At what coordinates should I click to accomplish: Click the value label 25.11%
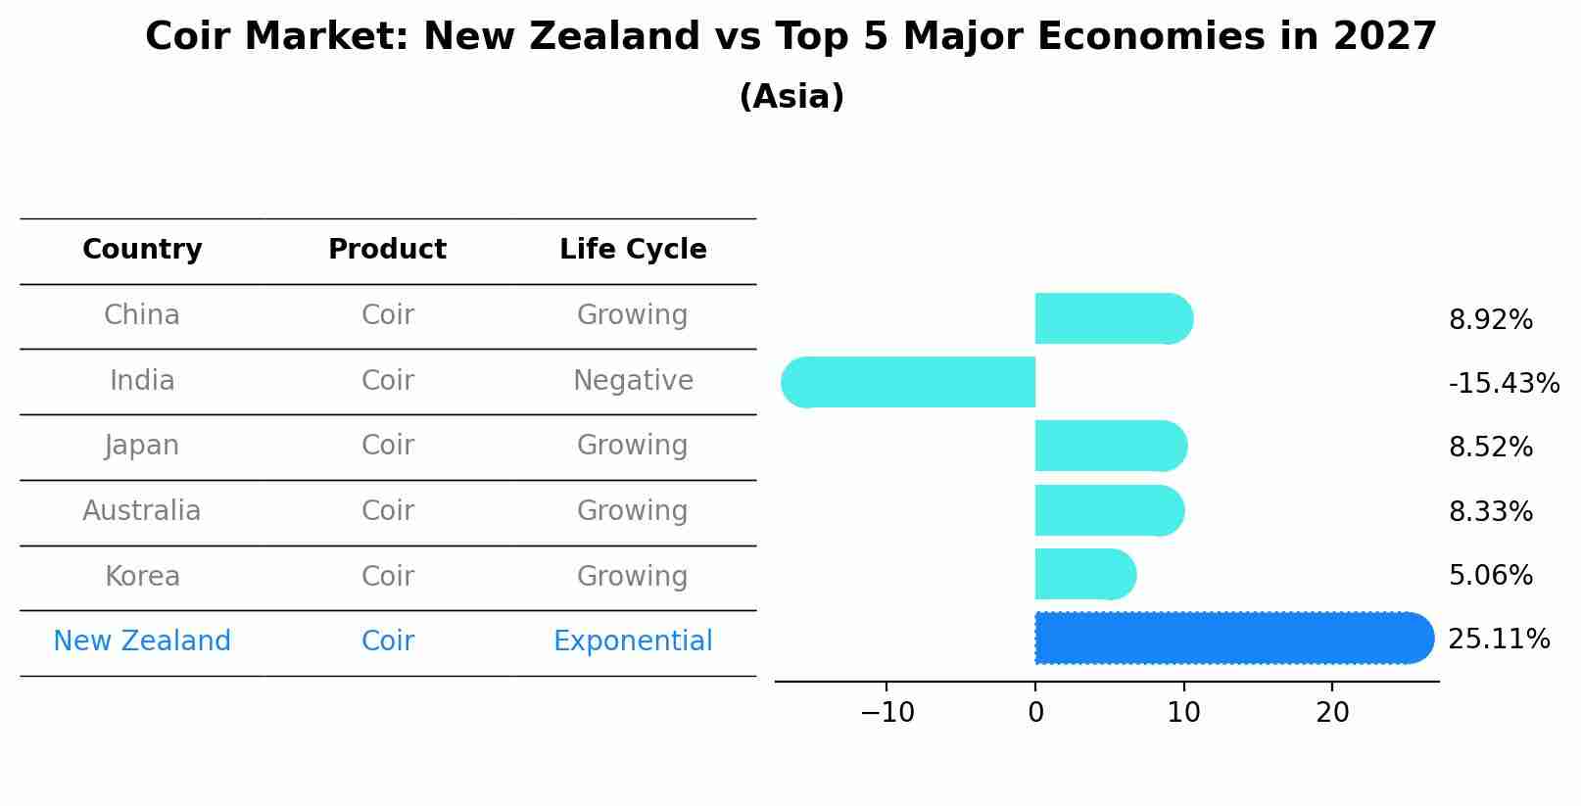pos(1499,640)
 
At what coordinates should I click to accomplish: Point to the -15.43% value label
pos(1504,383)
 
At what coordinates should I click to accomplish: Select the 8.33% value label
pos(1490,511)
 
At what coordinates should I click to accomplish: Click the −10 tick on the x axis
pos(886,713)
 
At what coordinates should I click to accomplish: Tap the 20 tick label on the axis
pos(1332,713)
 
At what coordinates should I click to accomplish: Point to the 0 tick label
pos(1035,713)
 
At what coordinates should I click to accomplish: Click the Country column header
pos(142,250)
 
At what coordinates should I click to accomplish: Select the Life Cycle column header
pos(633,250)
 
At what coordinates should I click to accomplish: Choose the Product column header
pos(387,250)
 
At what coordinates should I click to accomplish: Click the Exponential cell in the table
pos(633,641)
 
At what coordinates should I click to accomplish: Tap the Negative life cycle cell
pos(633,380)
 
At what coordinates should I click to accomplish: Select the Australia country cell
pos(142,511)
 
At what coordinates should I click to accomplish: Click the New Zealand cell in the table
pos(142,641)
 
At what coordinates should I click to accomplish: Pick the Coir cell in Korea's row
pos(387,576)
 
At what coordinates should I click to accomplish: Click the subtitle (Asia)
pos(790,97)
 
